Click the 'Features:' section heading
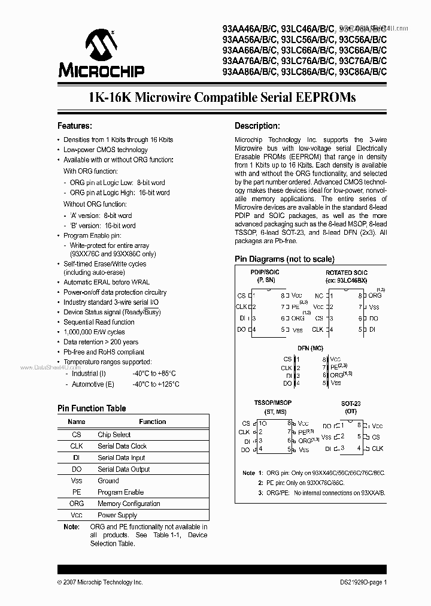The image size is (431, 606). pyautogui.click(x=74, y=126)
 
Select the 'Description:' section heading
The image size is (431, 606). pyautogui.click(x=257, y=126)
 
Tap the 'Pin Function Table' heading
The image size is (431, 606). pyautogui.click(x=92, y=408)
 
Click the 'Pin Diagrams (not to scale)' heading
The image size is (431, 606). pyautogui.click(x=284, y=259)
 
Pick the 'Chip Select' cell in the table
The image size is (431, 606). pyautogui.click(x=114, y=435)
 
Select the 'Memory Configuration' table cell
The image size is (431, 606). pyautogui.click(x=129, y=504)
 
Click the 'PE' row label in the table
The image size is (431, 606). pyautogui.click(x=77, y=492)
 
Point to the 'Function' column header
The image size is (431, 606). pyautogui.click(x=152, y=422)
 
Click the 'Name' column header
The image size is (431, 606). pyautogui.click(x=77, y=422)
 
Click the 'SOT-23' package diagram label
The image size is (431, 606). pyautogui.click(x=351, y=404)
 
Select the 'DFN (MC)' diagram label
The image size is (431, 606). pyautogui.click(x=310, y=347)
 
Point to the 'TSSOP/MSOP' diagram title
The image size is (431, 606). pyautogui.click(x=273, y=403)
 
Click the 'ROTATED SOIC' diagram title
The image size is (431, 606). pyautogui.click(x=347, y=272)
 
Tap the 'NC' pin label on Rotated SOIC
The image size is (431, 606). pyautogui.click(x=318, y=296)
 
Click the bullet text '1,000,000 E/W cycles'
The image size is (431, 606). pyautogui.click(x=94, y=332)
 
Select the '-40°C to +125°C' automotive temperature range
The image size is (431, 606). pyautogui.click(x=156, y=384)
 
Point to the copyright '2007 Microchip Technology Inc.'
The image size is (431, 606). pyautogui.click(x=102, y=581)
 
